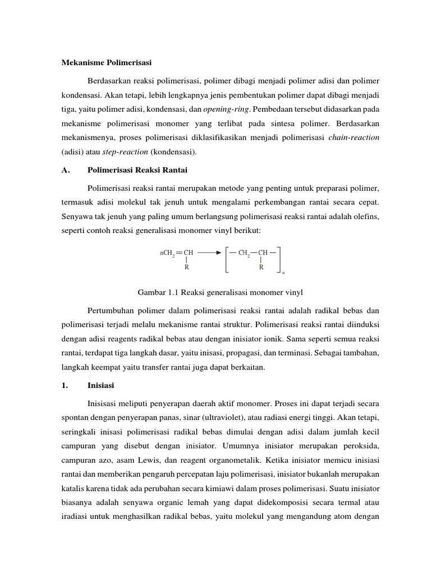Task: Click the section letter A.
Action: click(x=65, y=171)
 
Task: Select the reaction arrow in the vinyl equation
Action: click(x=210, y=253)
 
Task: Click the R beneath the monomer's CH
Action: click(x=186, y=268)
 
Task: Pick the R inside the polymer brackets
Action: click(x=261, y=268)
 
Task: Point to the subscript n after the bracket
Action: click(x=283, y=273)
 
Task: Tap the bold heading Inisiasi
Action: click(x=103, y=386)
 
